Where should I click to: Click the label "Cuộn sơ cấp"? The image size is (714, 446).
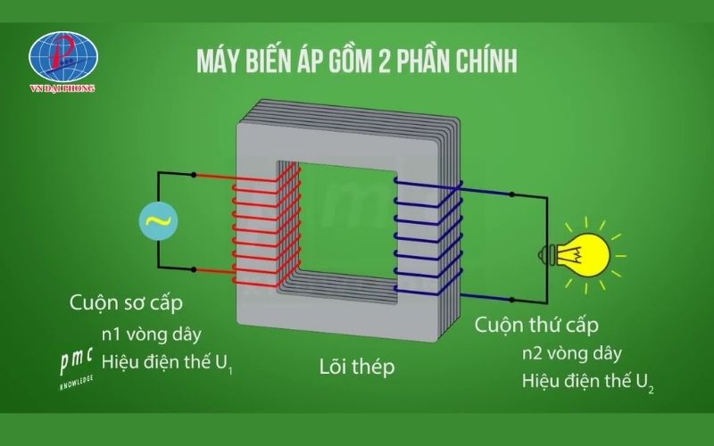pos(126,302)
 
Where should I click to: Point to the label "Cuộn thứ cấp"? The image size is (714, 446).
pos(536,324)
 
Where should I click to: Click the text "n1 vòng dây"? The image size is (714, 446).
pos(152,334)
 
